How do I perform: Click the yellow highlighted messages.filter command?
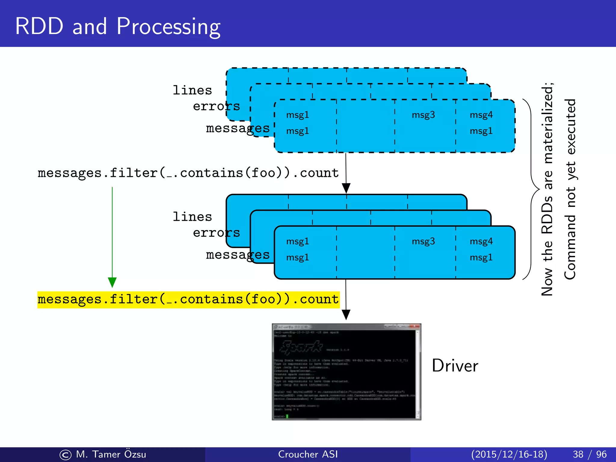coord(188,300)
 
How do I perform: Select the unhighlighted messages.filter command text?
coord(188,173)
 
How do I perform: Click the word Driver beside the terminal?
coord(455,366)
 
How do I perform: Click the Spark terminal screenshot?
coord(346,372)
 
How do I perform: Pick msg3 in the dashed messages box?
coord(423,115)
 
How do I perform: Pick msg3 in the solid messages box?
coord(423,241)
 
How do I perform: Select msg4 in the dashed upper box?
coord(481,115)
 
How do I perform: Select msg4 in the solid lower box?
coord(481,241)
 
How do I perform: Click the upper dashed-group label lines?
coord(192,90)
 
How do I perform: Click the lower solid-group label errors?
coord(216,233)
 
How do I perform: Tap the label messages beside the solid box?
coord(238,255)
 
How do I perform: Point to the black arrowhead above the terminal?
coord(346,315)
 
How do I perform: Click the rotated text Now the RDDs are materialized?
coord(547,189)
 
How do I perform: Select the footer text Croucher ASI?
coord(308,454)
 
